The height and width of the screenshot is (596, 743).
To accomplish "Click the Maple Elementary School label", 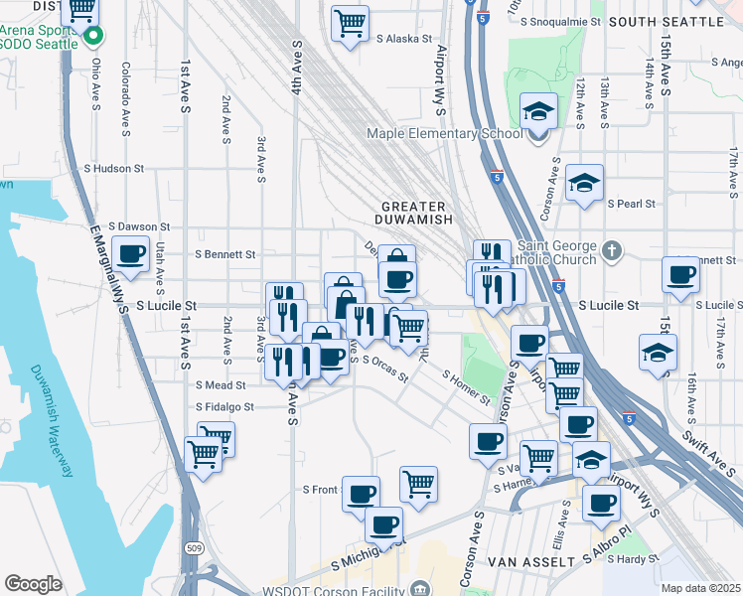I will [x=444, y=134].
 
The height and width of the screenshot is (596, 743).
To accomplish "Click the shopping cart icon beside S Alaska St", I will [x=350, y=23].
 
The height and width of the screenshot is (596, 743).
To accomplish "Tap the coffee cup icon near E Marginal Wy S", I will [x=130, y=255].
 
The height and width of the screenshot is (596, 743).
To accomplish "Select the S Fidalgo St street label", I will [x=224, y=406].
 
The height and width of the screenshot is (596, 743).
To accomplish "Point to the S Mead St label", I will [x=221, y=385].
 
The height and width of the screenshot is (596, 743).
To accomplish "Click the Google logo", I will [x=33, y=584].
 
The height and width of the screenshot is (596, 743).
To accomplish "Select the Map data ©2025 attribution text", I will [x=700, y=588].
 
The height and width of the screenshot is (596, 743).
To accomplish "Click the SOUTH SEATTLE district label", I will [x=665, y=21].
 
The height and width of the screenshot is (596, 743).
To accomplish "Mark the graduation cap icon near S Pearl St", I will [x=585, y=183].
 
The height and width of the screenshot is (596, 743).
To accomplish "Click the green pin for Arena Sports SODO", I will [x=94, y=38].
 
